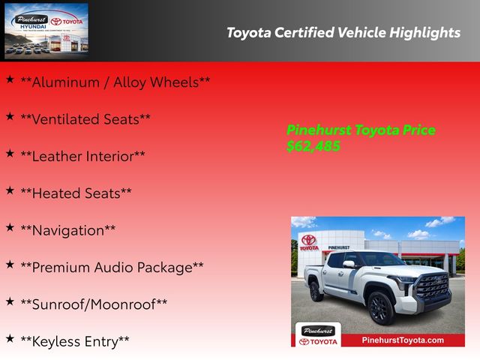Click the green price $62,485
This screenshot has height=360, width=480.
coord(313,146)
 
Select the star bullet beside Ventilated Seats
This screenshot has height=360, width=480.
coord(10,116)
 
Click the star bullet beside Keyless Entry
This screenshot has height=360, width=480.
coord(10,338)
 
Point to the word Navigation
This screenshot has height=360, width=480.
coord(68,231)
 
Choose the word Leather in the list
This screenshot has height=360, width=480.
coord(57,157)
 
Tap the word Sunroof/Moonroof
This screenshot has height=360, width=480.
coord(94,304)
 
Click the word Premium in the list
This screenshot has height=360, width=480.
coord(61,267)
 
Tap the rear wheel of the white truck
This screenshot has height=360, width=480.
coord(315,291)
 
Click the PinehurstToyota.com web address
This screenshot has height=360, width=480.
coord(403,340)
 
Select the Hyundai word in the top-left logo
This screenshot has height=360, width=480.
coord(33,27)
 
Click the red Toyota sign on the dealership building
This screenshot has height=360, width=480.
coord(309,243)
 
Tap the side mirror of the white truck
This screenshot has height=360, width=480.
coord(349,264)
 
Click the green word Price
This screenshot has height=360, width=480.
coord(418,130)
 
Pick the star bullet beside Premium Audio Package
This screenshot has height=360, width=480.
coord(10,265)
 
